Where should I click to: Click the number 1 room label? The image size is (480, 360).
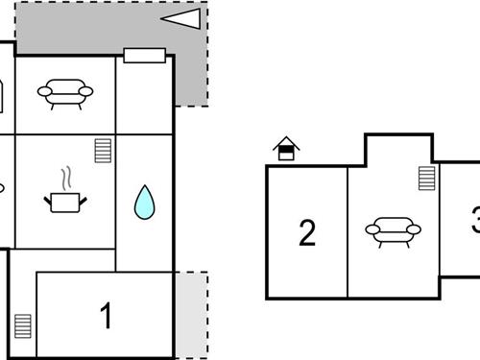tap(107, 315)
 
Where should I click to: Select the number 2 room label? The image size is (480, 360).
tap(307, 233)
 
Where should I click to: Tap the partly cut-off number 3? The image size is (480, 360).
tap(475, 224)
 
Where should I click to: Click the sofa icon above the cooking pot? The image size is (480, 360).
tap(65, 92)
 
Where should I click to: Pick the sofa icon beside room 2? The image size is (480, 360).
tap(393, 230)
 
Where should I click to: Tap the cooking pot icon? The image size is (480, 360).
tap(65, 201)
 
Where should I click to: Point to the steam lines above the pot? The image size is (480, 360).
tap(65, 179)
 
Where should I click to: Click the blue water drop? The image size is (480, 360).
tap(144, 202)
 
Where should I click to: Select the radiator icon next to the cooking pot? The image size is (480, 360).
tap(104, 152)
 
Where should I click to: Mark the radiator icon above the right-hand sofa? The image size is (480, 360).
tap(426, 178)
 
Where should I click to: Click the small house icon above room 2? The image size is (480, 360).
tap(286, 149)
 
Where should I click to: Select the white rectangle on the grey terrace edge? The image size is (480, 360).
tap(145, 55)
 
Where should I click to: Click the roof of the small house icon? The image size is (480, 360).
tap(286, 142)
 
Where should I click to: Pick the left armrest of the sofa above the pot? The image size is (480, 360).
tap(44, 92)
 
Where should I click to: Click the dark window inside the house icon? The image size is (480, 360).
tap(286, 153)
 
